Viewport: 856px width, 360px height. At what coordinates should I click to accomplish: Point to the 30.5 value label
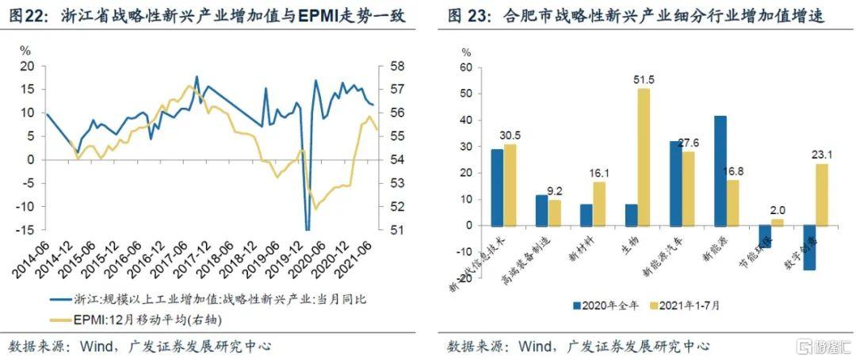[510, 136]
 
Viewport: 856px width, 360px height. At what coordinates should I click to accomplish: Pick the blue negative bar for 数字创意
[809, 247]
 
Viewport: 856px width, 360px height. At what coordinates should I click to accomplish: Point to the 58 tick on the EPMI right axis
[394, 65]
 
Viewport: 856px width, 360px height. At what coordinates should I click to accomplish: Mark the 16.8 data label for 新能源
[733, 170]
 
